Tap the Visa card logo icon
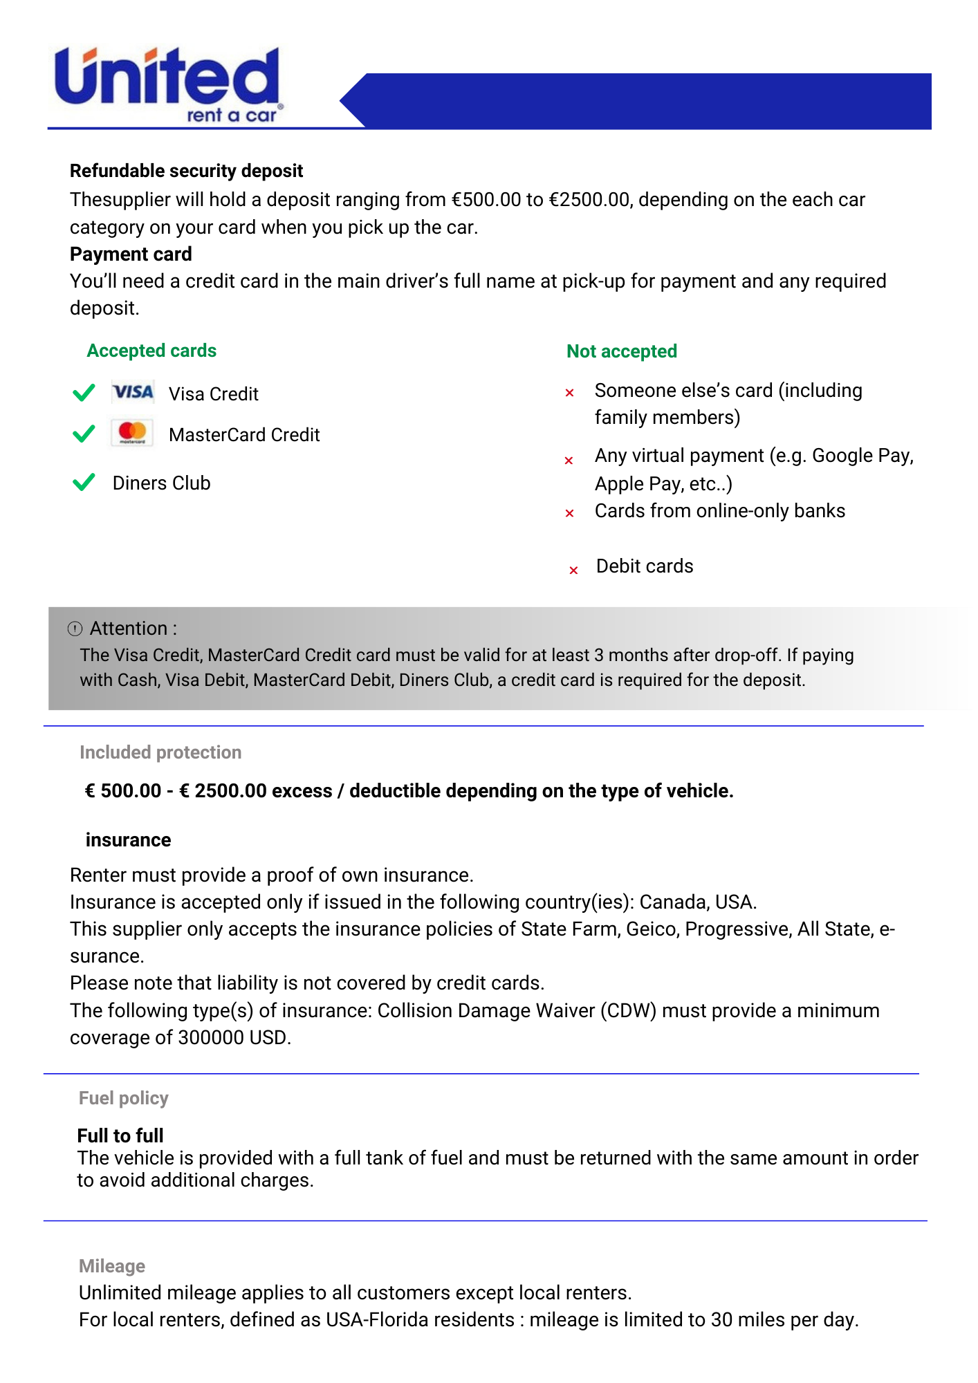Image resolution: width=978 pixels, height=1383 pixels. click(133, 393)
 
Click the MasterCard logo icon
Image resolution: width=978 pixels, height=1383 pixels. click(132, 434)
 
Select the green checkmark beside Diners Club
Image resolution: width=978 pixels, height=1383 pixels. click(84, 482)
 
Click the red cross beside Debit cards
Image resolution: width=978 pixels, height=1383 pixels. click(573, 570)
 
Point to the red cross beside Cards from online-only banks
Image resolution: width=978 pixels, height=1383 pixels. click(570, 513)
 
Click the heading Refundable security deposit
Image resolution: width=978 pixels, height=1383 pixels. click(186, 171)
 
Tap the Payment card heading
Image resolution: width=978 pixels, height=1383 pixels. click(131, 254)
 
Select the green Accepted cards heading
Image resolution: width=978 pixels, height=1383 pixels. click(151, 351)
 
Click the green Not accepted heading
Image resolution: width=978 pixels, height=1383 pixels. click(621, 351)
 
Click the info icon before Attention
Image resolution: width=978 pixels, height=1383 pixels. click(75, 629)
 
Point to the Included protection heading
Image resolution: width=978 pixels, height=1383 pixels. click(160, 752)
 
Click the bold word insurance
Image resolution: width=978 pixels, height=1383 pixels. click(128, 840)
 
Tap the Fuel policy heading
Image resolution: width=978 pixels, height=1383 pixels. click(124, 1098)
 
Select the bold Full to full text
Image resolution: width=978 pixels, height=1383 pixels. click(120, 1135)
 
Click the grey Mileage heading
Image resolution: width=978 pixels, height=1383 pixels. click(112, 1266)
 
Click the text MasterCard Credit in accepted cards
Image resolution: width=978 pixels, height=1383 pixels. click(244, 435)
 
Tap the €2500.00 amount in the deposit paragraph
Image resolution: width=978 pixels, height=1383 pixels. click(589, 200)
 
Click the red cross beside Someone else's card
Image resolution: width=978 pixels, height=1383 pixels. click(570, 393)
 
